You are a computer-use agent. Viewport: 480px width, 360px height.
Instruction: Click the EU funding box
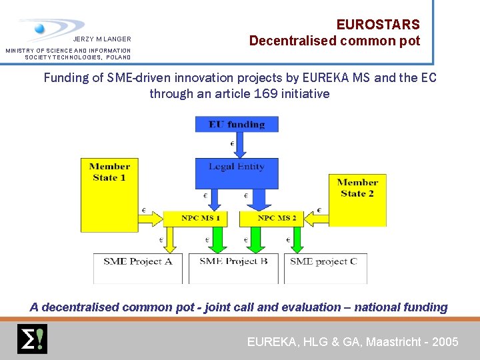[x=236, y=124]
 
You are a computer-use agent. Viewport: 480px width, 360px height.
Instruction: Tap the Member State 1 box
[x=109, y=193]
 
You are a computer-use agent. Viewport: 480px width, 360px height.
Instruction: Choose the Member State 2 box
[x=357, y=200]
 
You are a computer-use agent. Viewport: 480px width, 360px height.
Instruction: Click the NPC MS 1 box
[x=201, y=218]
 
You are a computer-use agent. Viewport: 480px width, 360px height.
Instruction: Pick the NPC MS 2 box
[x=277, y=218]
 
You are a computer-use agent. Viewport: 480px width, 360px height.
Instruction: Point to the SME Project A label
[x=138, y=261]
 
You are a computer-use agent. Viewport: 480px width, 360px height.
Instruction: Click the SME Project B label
[x=233, y=261]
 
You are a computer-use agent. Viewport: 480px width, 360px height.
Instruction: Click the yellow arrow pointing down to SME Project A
[x=169, y=240]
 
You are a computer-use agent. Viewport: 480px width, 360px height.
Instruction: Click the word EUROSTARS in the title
[x=378, y=25]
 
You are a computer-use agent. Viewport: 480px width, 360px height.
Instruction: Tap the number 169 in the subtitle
[x=266, y=94]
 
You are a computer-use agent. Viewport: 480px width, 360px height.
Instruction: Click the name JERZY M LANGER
[x=102, y=39]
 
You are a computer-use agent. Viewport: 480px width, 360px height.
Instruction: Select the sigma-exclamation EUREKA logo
[x=31, y=339]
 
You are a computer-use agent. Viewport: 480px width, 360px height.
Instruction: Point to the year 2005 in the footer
[x=445, y=342]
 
